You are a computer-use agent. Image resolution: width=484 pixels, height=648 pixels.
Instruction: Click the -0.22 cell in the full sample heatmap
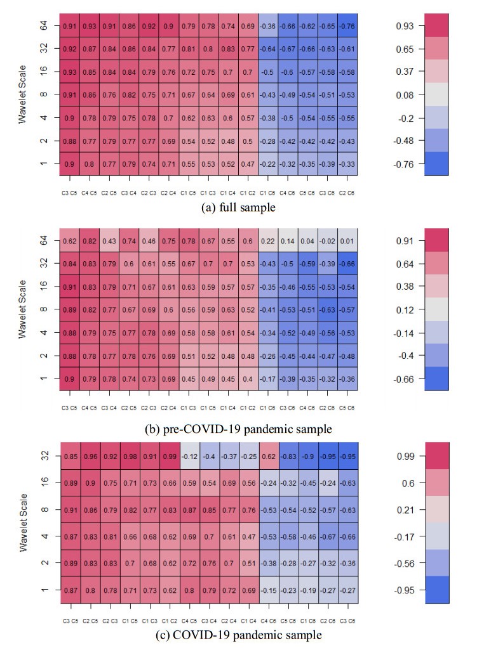pyautogui.click(x=268, y=164)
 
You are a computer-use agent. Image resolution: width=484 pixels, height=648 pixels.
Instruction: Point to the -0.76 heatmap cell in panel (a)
pyautogui.click(x=347, y=27)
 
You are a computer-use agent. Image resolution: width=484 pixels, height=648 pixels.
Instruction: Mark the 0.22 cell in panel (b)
pyautogui.click(x=268, y=241)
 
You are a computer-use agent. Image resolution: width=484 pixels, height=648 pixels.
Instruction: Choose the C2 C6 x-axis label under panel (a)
pyautogui.click(x=347, y=189)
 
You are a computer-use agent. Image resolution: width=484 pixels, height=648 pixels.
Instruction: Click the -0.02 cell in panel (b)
pyautogui.click(x=328, y=241)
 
